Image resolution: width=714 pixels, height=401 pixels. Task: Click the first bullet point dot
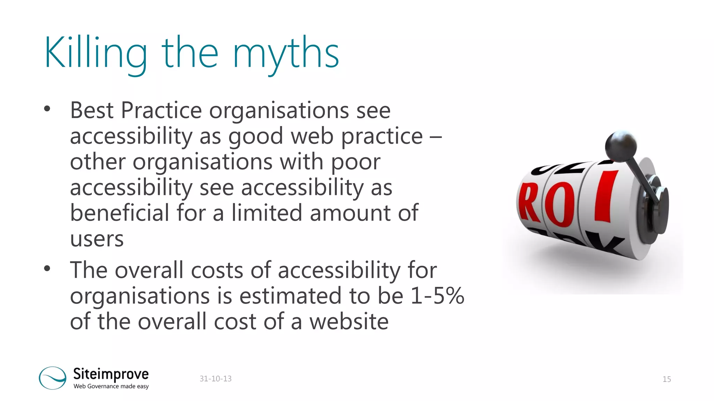click(x=47, y=109)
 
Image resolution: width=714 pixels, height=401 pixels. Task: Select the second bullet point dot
click(x=47, y=268)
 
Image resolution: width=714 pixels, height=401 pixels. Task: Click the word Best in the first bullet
click(x=92, y=110)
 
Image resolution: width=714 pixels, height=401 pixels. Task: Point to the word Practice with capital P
click(x=161, y=110)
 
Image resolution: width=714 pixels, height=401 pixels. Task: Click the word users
click(x=97, y=239)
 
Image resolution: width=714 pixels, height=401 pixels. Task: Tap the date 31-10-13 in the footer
click(x=215, y=379)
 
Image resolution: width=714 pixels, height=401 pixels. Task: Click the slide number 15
click(x=667, y=379)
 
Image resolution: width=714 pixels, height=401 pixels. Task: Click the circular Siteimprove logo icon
click(x=53, y=378)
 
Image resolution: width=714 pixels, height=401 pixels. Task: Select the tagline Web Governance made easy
click(x=111, y=386)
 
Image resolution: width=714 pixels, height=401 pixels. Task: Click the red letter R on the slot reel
click(x=529, y=203)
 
